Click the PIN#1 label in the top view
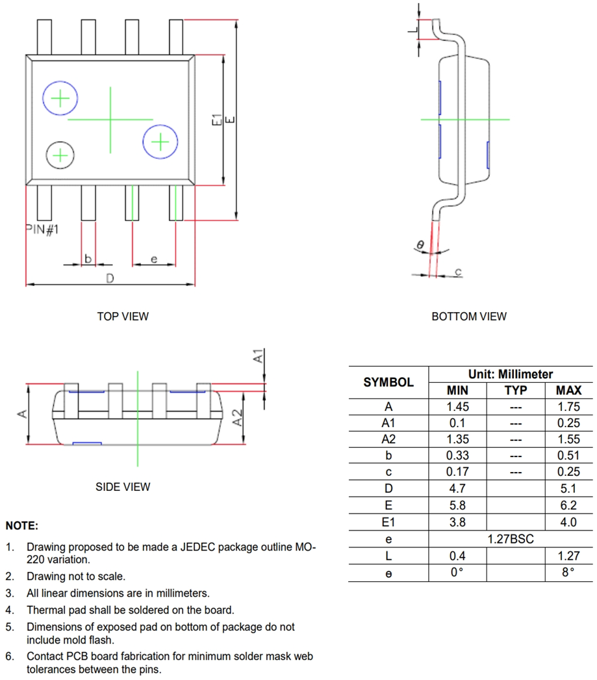42,229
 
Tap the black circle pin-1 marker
60,155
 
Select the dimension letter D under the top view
110,278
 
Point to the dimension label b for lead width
88,259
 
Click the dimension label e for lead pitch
153,259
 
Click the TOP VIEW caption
123,317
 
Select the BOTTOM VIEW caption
468,317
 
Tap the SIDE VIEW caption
123,486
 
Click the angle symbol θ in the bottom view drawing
420,244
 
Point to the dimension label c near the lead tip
458,271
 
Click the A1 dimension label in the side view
257,356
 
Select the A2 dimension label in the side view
238,417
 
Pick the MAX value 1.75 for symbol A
568,407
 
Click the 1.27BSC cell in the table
511,539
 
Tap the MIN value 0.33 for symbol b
458,456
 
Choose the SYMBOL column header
388,382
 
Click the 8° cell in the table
568,573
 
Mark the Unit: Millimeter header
511,374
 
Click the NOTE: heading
22,525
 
